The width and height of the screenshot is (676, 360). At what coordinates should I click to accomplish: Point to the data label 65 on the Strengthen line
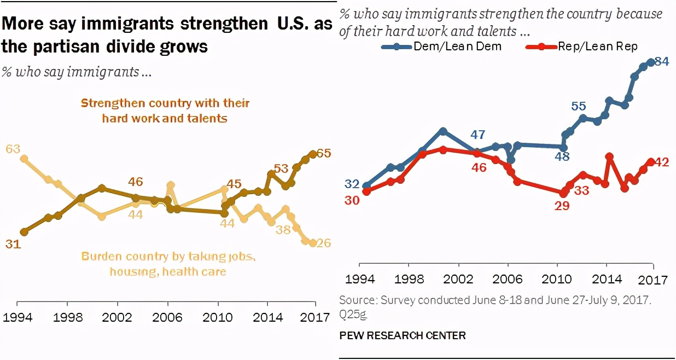324,154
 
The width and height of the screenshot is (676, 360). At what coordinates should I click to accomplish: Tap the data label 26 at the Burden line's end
324,243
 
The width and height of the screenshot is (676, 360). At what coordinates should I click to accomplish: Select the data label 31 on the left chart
13,245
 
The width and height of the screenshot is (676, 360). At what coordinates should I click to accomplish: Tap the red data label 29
562,206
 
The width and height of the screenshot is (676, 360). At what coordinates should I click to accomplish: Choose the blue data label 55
579,106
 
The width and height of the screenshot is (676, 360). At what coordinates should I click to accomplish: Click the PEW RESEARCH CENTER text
403,335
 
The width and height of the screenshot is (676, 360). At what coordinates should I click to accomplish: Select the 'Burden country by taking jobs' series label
168,256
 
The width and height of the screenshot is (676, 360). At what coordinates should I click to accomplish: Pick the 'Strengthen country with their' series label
165,103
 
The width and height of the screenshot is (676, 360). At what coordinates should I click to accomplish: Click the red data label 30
352,200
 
